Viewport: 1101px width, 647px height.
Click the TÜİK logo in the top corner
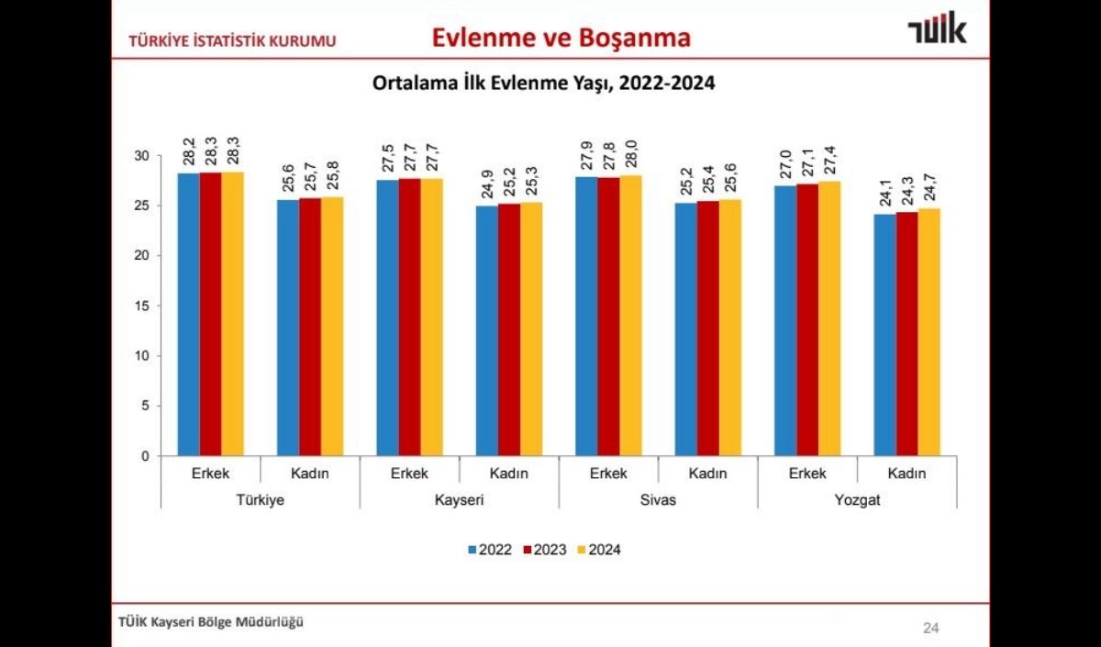[x=936, y=31]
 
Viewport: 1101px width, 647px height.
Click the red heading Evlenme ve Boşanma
[x=562, y=38]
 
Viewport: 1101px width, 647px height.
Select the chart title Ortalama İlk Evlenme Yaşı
[x=543, y=83]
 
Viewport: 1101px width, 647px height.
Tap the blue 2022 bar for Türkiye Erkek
[x=188, y=314]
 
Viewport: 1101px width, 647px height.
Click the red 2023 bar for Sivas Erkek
[x=608, y=316]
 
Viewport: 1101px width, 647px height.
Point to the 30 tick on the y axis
[x=142, y=156]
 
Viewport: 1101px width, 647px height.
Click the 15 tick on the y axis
[x=142, y=306]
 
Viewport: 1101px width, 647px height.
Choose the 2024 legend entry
[x=600, y=550]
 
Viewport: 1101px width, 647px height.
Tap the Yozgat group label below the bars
[x=857, y=500]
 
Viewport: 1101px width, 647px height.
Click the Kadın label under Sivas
[x=707, y=474]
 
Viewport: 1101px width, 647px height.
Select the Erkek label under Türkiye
[x=210, y=474]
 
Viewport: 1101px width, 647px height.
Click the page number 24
[x=930, y=629]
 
